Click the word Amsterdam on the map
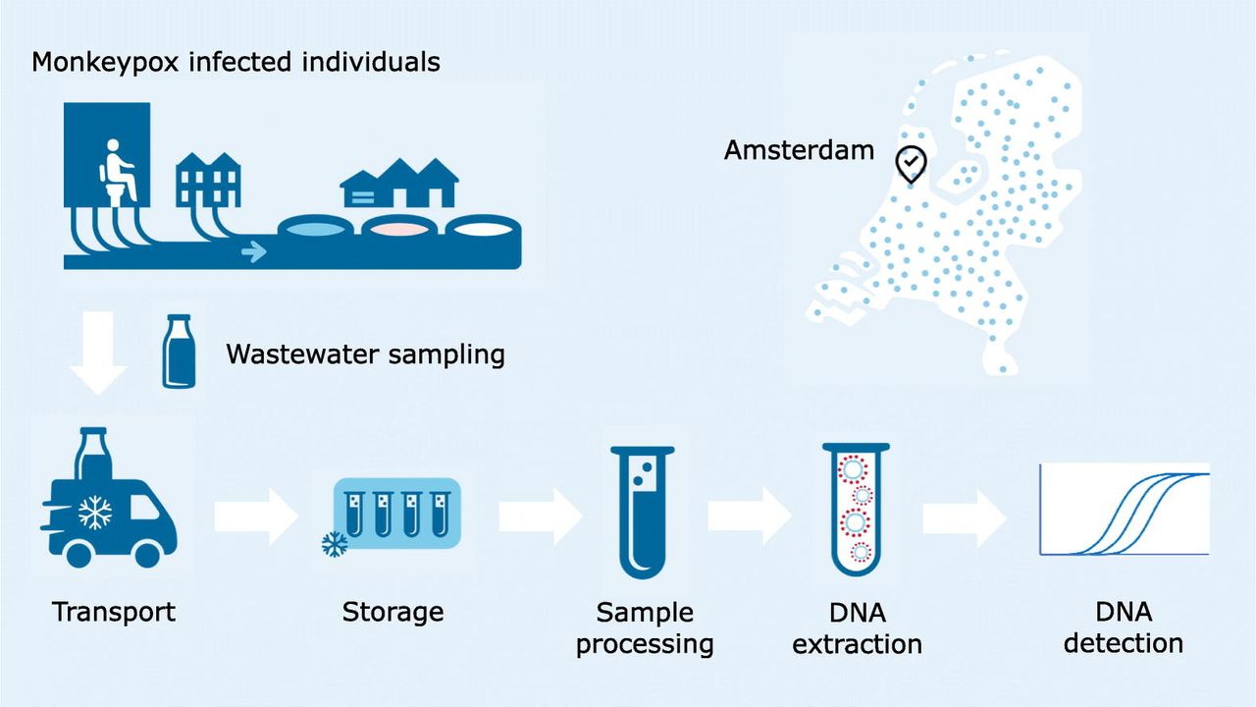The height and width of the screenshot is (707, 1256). [x=799, y=150]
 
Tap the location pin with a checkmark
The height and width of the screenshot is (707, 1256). [x=911, y=164]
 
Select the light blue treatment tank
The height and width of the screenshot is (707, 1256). [x=317, y=228]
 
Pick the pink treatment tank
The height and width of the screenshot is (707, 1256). [x=399, y=228]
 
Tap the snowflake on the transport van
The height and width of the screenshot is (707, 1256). [x=95, y=512]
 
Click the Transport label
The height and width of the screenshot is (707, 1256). [x=114, y=613]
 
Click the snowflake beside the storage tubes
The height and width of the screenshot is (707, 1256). [x=335, y=544]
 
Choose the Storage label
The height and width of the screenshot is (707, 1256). [x=392, y=613]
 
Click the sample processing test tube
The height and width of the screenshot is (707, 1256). [x=642, y=511]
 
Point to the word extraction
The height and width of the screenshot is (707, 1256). [x=857, y=644]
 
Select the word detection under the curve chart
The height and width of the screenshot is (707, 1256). [x=1123, y=644]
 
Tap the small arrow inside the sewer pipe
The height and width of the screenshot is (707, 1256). [x=253, y=252]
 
